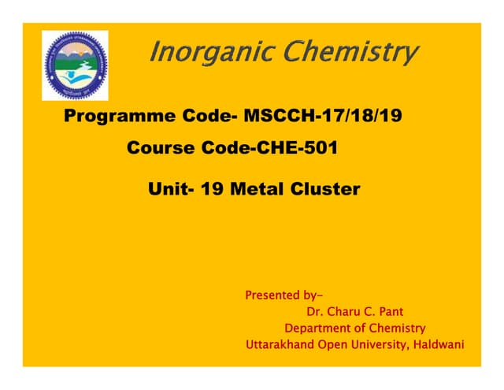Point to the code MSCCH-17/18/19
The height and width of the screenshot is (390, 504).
pyautogui.click(x=323, y=117)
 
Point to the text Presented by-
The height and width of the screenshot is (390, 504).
pyautogui.click(x=283, y=296)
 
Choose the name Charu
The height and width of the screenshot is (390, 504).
pyautogui.click(x=349, y=312)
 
